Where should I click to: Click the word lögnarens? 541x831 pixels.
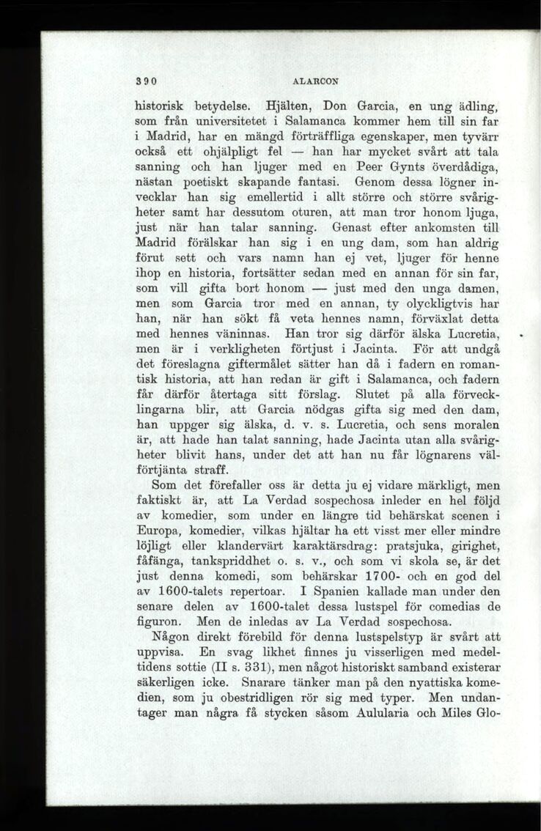(446, 457)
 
